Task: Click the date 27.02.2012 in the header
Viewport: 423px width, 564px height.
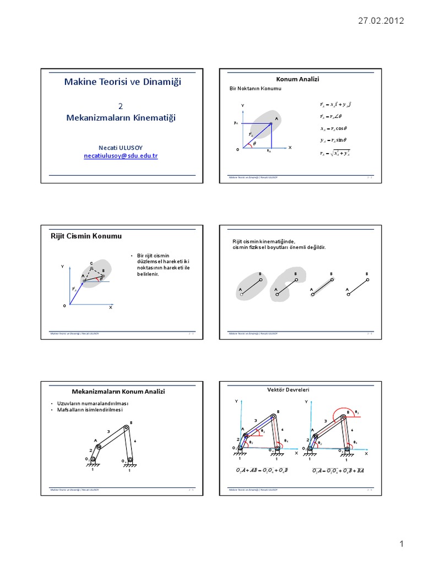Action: (381, 21)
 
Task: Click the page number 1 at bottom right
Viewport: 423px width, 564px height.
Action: (402, 544)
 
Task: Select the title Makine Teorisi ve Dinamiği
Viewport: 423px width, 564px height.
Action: (122, 82)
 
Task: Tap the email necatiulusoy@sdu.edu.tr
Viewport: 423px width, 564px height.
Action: (121, 156)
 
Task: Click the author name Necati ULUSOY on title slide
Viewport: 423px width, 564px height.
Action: (121, 147)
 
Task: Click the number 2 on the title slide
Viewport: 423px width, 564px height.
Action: (121, 106)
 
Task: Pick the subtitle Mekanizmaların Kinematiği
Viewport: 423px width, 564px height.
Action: (122, 118)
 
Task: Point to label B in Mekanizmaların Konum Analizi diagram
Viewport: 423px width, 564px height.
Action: (131, 422)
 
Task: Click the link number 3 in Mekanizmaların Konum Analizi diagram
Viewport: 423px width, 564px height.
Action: (109, 431)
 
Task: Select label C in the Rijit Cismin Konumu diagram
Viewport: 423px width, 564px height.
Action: (91, 263)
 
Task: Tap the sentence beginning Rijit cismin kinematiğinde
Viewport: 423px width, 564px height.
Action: (264, 241)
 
